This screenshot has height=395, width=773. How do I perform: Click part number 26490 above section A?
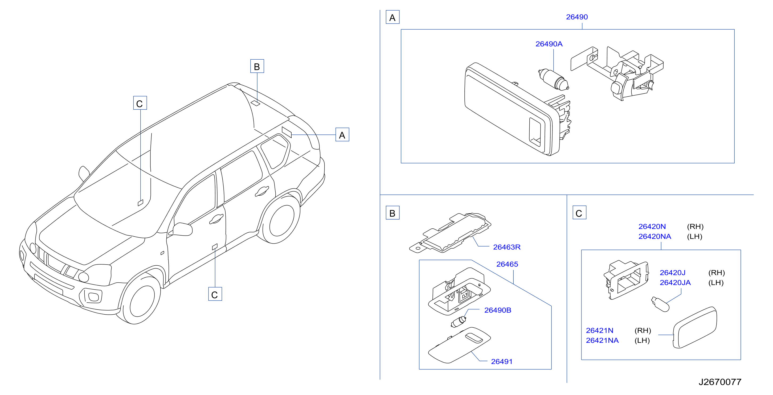click(x=577, y=17)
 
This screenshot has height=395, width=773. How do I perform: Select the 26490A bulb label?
click(x=549, y=44)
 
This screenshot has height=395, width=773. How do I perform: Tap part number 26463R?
click(x=507, y=247)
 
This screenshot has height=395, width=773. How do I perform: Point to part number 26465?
click(x=507, y=264)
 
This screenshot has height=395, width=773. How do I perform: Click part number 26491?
click(x=502, y=362)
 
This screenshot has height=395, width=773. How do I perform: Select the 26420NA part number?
click(x=655, y=237)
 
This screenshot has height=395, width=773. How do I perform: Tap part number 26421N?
click(x=600, y=331)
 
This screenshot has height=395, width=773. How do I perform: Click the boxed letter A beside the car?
click(x=342, y=135)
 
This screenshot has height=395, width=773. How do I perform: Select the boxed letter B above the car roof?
click(x=257, y=66)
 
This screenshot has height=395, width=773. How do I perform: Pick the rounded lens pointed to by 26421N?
click(x=695, y=327)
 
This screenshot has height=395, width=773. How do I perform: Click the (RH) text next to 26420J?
click(x=717, y=273)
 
